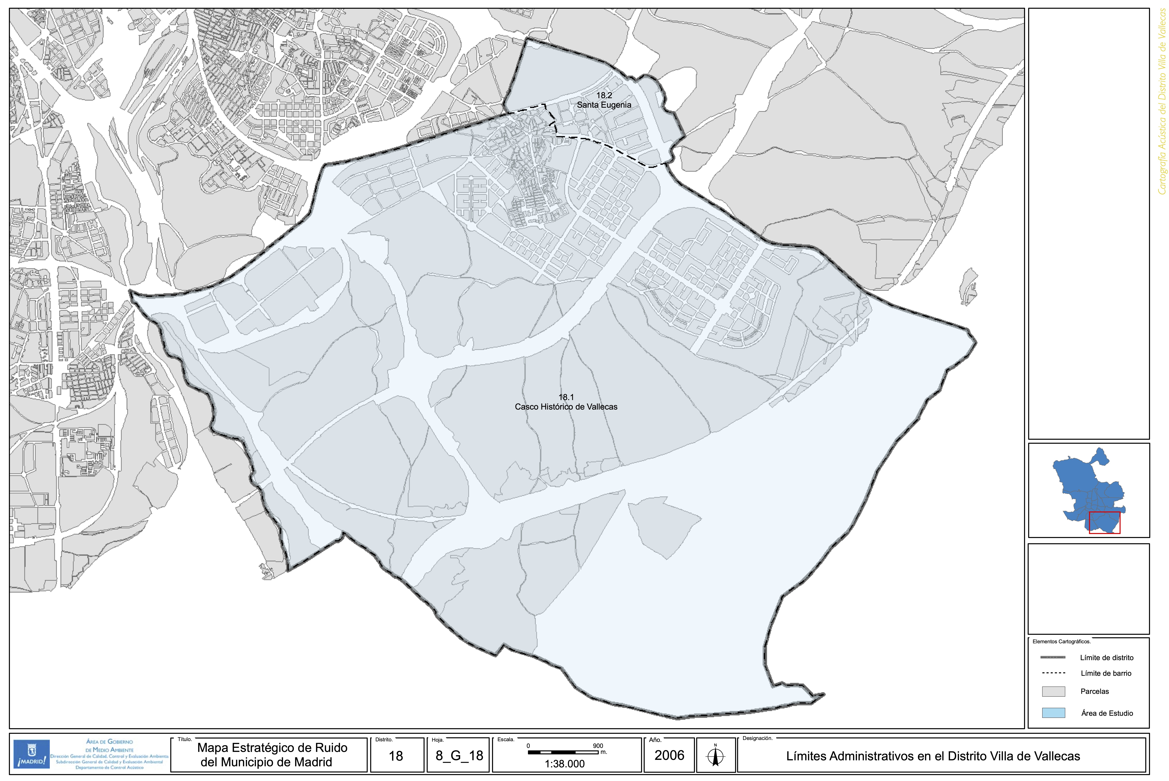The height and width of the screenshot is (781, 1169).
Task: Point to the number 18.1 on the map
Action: pos(566,397)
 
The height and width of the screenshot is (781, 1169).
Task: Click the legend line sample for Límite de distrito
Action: pos(1053,658)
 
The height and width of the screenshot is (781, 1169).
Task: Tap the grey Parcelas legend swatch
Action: pos(1053,691)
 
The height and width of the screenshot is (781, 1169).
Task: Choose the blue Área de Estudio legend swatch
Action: pos(1053,713)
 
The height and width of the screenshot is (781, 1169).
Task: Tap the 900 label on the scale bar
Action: pos(598,746)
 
